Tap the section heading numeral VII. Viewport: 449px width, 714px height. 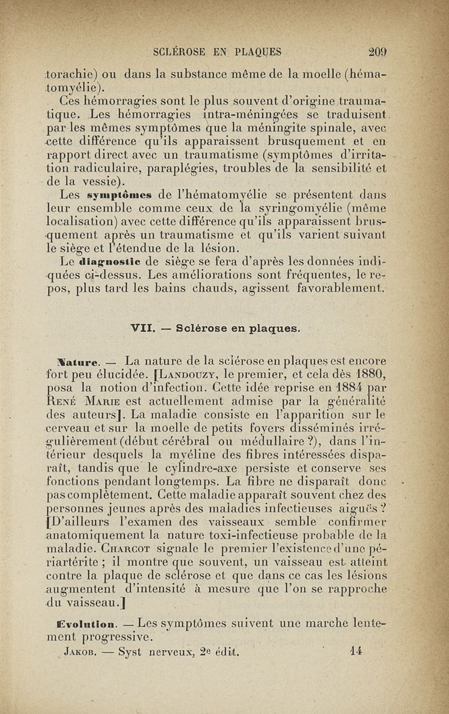coord(143,327)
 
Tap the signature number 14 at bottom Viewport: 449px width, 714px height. coord(355,652)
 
